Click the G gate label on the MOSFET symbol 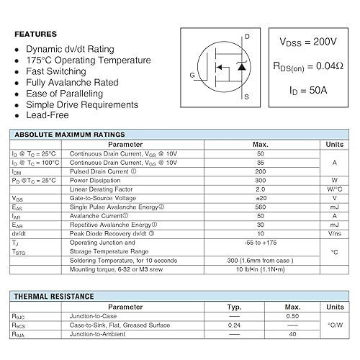point(192,75)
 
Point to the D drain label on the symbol point(247,36)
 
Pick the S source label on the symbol point(247,96)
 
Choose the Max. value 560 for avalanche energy point(261,207)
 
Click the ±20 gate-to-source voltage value point(261,198)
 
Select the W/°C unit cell point(334,189)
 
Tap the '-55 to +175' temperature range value point(261,242)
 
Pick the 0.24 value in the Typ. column point(234,325)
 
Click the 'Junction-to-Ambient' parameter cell point(102,333)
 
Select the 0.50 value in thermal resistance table point(292,316)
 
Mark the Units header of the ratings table point(334,145)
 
